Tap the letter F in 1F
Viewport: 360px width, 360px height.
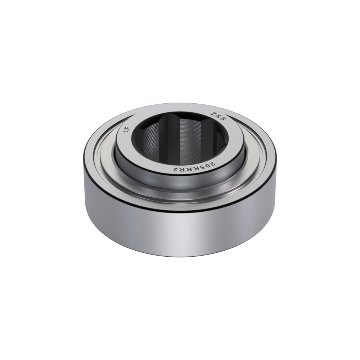pos(128,128)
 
